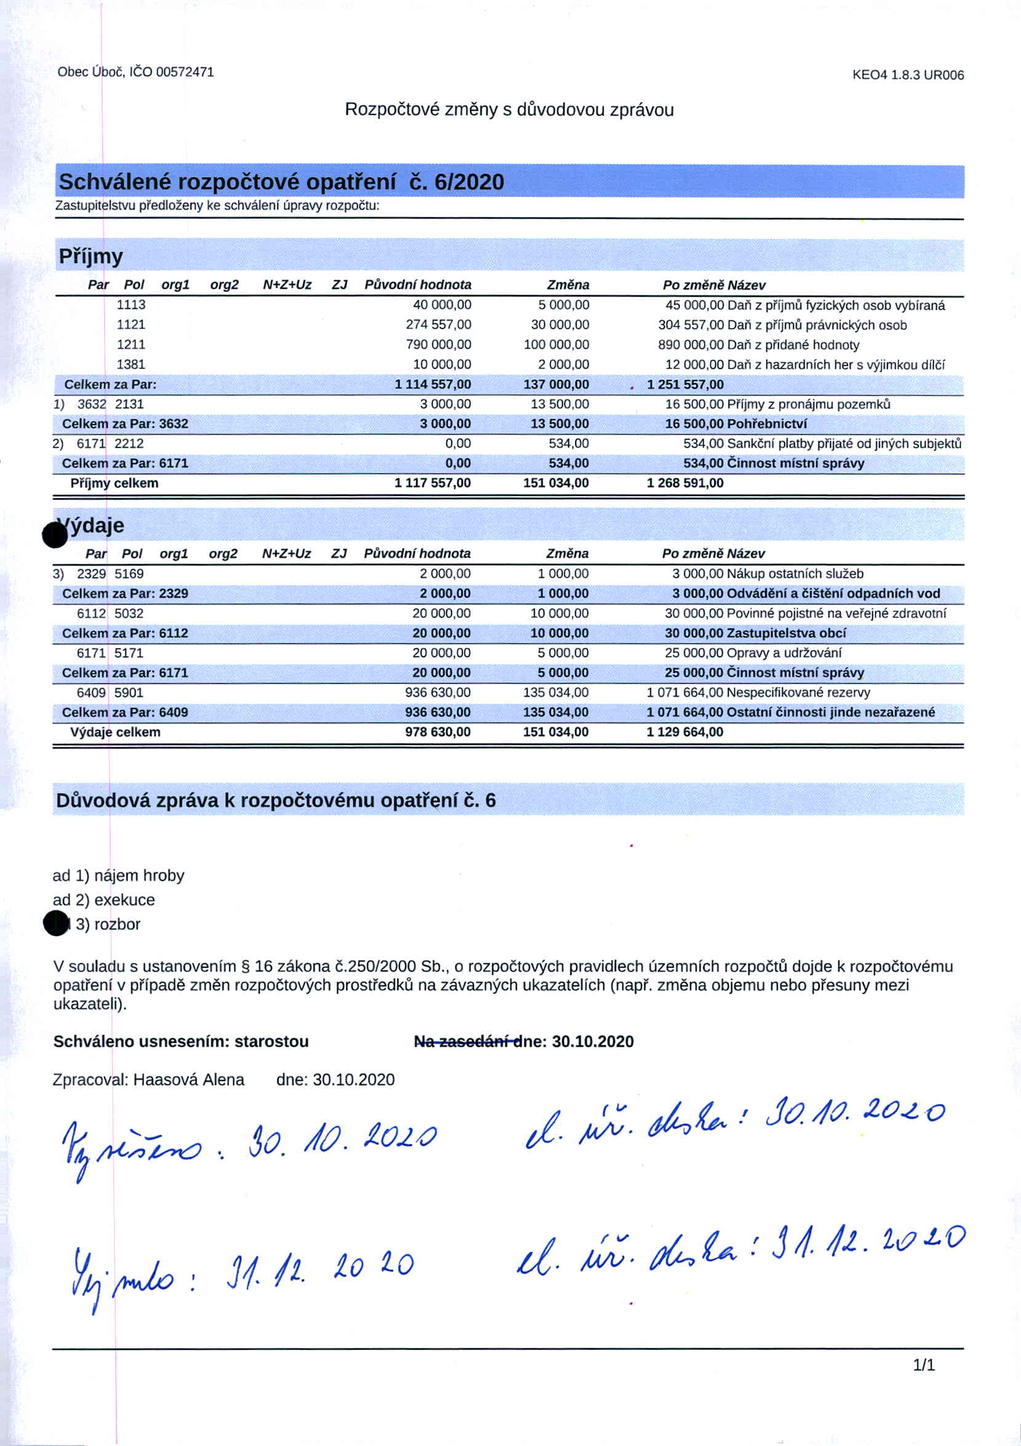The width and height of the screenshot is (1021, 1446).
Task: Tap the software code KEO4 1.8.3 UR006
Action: tap(908, 76)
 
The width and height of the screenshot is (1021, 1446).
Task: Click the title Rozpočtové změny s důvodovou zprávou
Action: tap(509, 110)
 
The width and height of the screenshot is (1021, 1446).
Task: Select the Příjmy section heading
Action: tap(91, 256)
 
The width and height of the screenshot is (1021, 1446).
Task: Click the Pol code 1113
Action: tap(131, 305)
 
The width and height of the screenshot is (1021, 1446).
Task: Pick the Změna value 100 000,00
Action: tap(557, 344)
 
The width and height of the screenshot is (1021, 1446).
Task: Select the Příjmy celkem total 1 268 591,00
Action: tap(685, 483)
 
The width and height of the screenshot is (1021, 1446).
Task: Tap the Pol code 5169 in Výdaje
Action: tap(129, 574)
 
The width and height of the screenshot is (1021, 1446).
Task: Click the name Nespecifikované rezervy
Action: tap(798, 693)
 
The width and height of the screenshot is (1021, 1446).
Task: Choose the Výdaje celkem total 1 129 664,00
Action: tap(685, 732)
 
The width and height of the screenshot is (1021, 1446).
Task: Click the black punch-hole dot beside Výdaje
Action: tap(54, 535)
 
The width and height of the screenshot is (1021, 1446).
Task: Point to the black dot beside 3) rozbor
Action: tap(56, 924)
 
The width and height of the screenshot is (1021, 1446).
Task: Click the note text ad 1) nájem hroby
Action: tap(118, 875)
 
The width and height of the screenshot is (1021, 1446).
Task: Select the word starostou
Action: tap(272, 1042)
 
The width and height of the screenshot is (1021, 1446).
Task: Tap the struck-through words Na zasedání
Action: tap(464, 1042)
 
